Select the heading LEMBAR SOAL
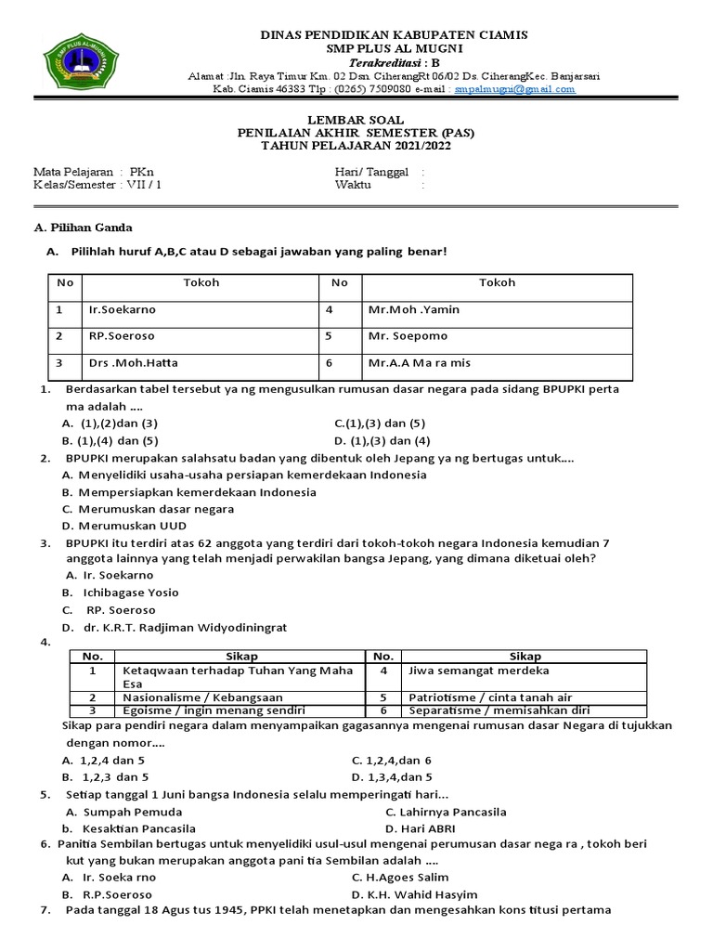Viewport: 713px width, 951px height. (356, 120)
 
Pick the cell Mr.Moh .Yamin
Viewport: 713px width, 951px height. (413, 309)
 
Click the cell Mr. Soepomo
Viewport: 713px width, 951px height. (408, 335)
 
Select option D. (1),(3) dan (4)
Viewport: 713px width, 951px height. (382, 440)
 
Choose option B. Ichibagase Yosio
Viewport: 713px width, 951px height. (121, 592)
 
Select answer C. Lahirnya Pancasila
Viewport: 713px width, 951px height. (446, 811)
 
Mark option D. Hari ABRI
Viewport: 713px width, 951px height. (418, 827)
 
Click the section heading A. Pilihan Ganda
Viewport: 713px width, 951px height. (83, 228)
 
